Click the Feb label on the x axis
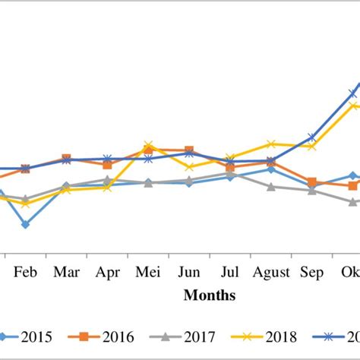pos(26,273)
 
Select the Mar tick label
pos(67,273)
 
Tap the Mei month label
pos(148,273)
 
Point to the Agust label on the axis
pos(270,273)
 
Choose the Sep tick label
pos(311,273)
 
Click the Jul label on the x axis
pos(229,273)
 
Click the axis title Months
pos(209,295)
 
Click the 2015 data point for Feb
pos(26,225)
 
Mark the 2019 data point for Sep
pos(311,137)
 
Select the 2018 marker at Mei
pos(148,144)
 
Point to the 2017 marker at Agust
pos(270,186)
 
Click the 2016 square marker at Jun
pos(189,151)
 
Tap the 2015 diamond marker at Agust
pos(270,169)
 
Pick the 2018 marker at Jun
pos(189,166)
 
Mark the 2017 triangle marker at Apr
pos(107,180)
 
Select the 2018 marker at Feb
pos(26,204)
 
